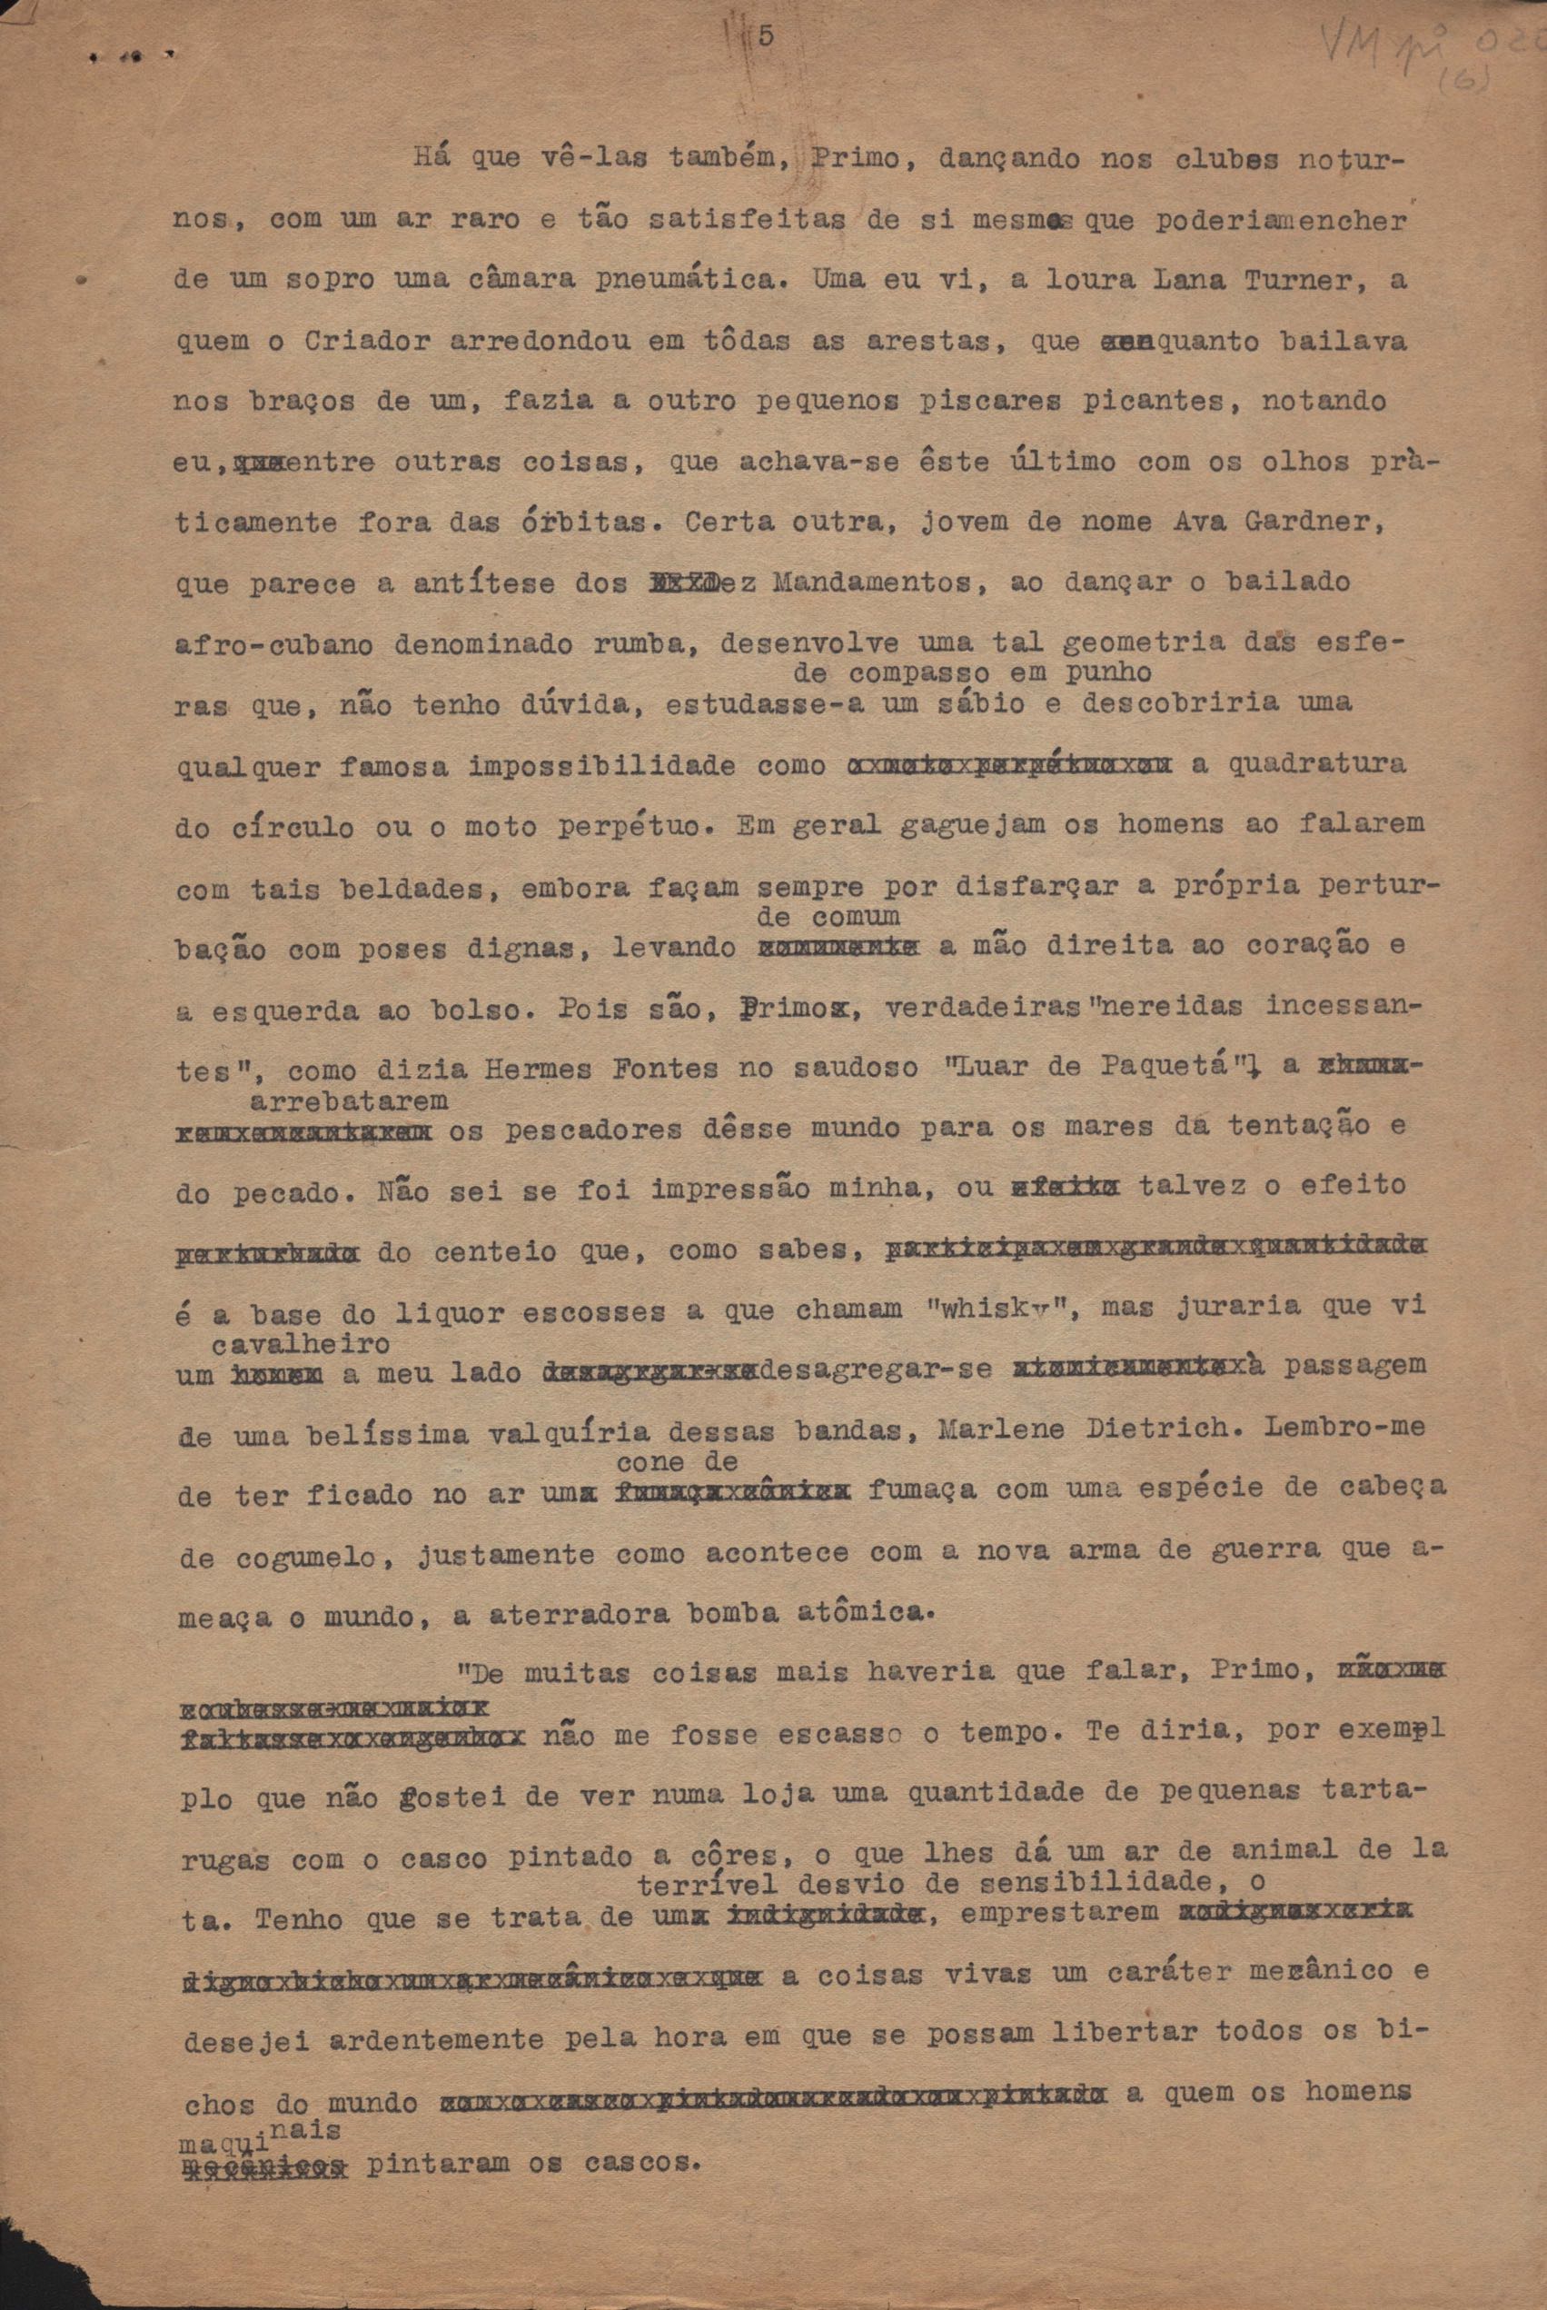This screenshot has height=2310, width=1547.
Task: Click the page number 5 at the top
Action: tap(765, 37)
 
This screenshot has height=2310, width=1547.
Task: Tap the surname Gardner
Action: tap(1320, 521)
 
